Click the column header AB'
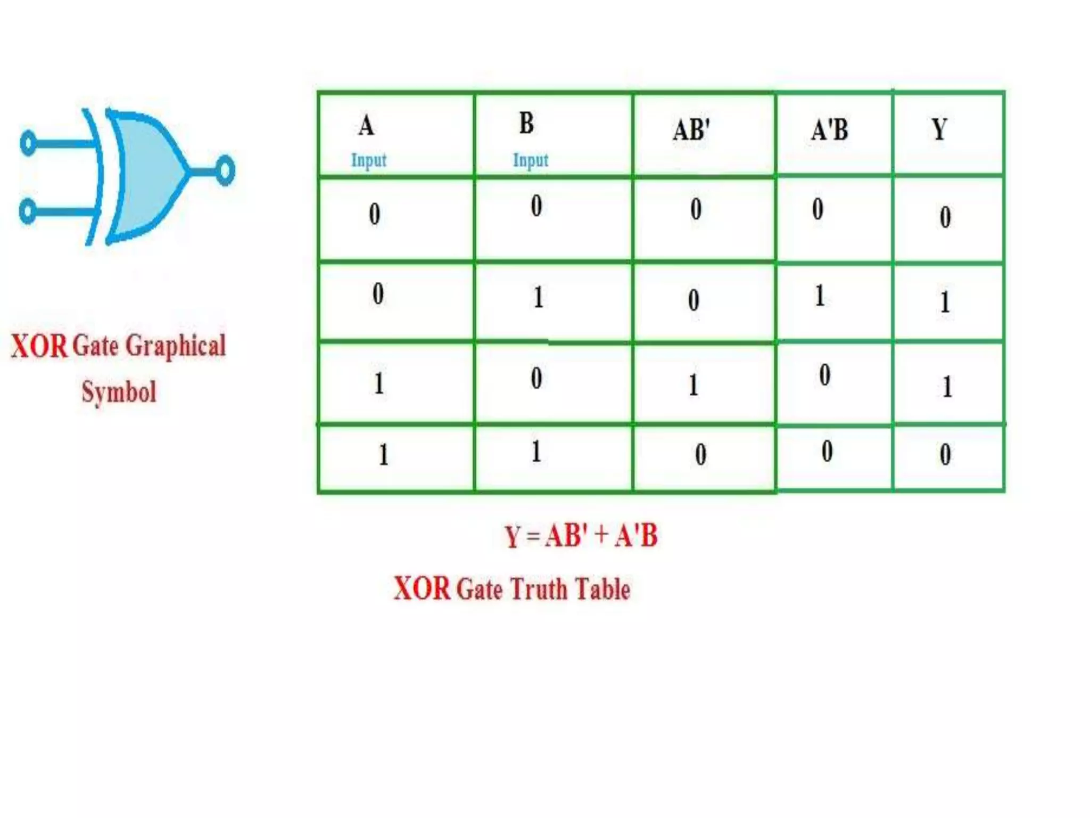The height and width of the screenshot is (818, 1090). click(691, 130)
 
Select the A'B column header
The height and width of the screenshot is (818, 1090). click(829, 130)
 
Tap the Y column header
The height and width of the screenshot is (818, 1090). click(939, 129)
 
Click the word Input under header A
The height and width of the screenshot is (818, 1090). click(368, 160)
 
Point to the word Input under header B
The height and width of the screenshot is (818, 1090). click(530, 160)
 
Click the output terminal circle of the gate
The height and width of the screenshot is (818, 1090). click(225, 170)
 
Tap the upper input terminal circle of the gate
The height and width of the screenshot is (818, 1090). click(28, 143)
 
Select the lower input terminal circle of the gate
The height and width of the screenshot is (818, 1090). click(28, 211)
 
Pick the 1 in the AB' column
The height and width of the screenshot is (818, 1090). click(693, 385)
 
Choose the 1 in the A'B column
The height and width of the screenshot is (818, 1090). click(820, 296)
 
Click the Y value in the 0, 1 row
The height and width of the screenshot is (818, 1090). click(945, 302)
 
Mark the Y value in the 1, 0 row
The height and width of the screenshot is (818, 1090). click(947, 387)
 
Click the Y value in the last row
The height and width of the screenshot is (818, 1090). click(945, 455)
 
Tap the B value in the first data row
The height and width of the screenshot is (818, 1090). click(536, 206)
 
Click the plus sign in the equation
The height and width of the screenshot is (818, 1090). click(601, 534)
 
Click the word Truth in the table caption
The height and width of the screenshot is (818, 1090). click(540, 590)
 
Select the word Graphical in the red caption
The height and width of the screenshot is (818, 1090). click(176, 346)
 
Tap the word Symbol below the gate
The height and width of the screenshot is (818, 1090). click(119, 392)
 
